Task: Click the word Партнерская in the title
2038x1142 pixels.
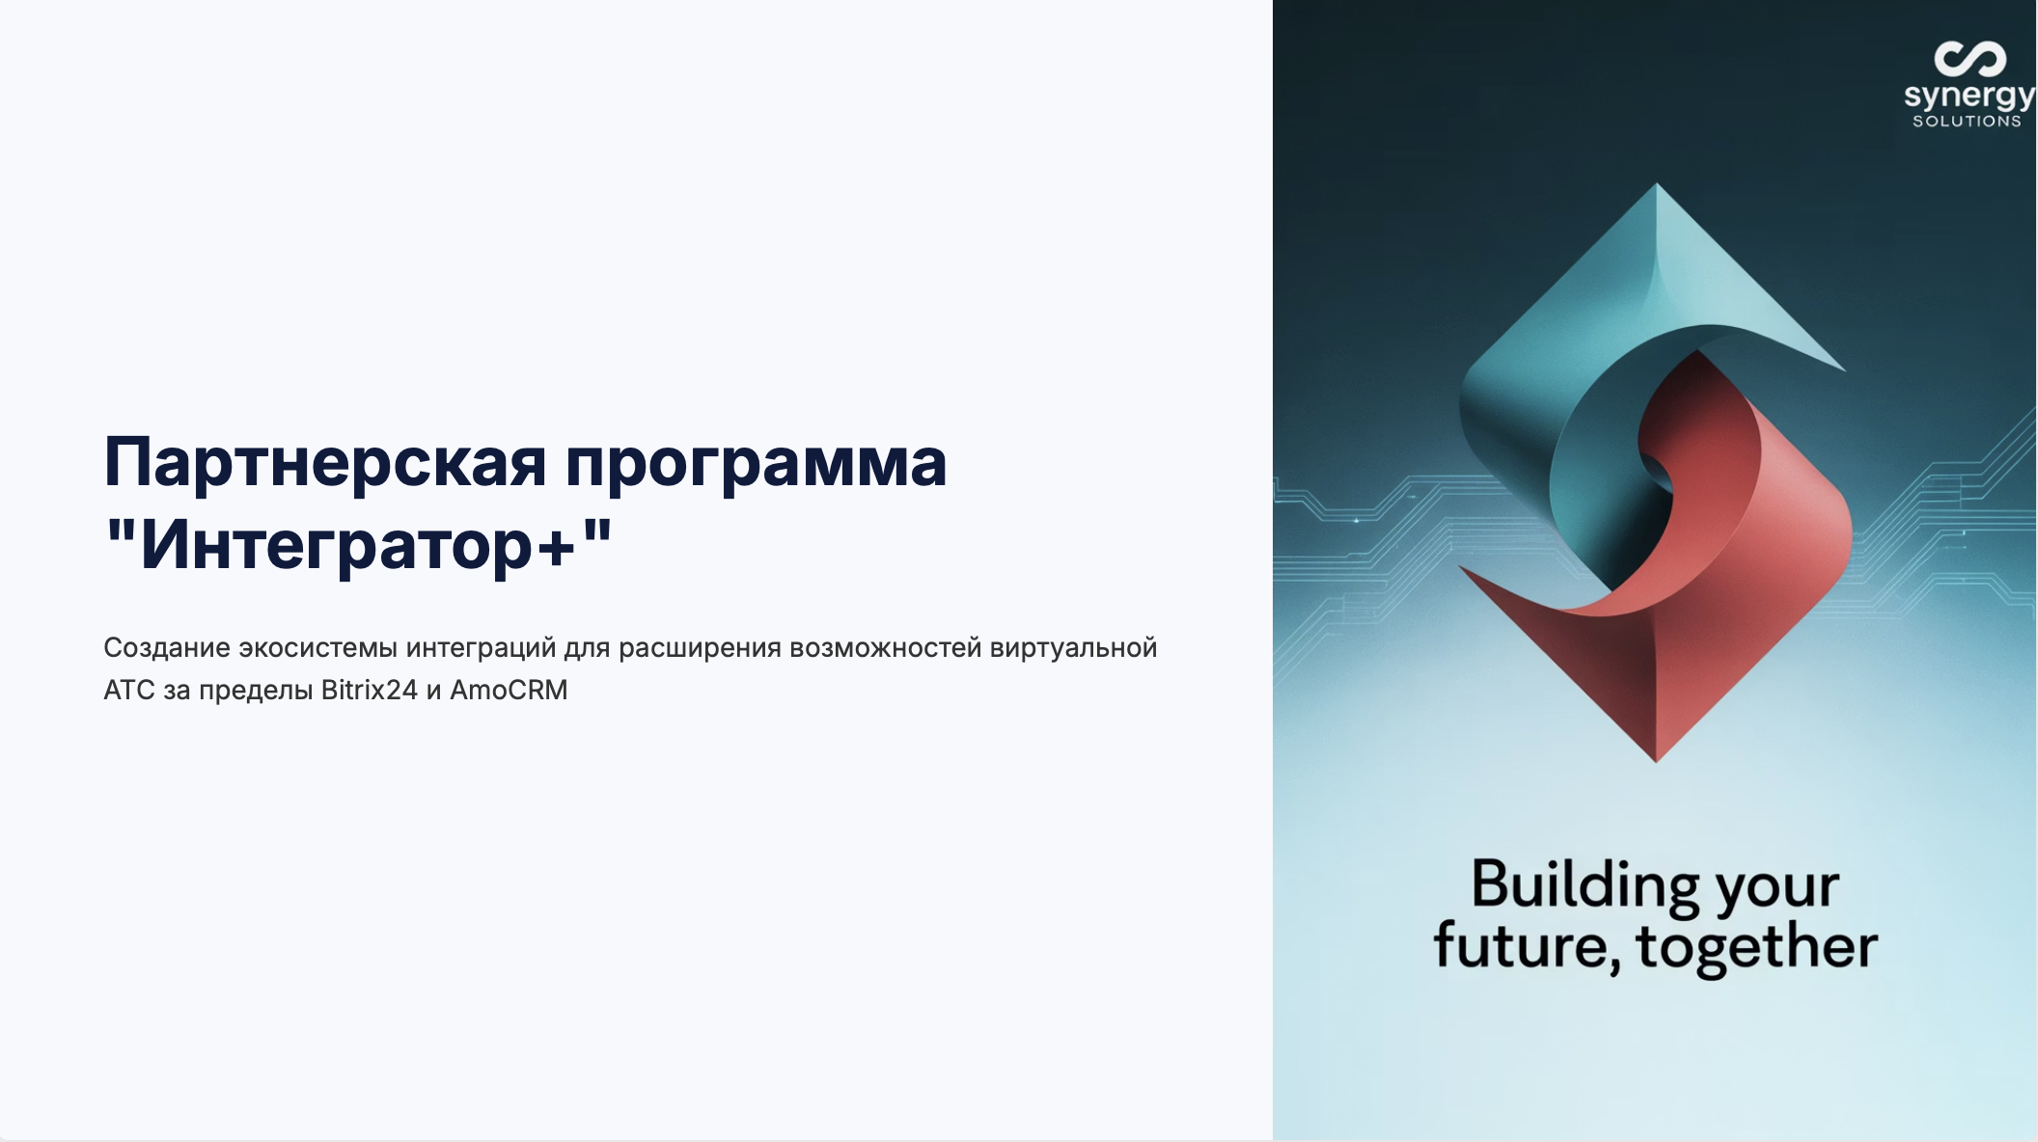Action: [325, 462]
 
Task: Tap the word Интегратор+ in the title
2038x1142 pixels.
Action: [358, 546]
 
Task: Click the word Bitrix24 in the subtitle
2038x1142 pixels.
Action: [369, 690]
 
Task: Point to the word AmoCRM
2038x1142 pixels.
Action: [509, 690]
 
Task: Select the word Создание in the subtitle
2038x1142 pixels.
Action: [167, 647]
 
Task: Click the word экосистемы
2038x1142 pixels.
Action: [317, 648]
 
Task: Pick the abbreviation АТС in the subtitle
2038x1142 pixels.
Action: [129, 690]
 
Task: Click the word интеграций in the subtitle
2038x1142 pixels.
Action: [481, 649]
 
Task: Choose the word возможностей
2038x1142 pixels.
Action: [885, 648]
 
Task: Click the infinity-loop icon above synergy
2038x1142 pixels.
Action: [1969, 59]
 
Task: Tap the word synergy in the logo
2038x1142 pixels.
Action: [1969, 96]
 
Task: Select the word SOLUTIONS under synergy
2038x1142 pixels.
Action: [1967, 121]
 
